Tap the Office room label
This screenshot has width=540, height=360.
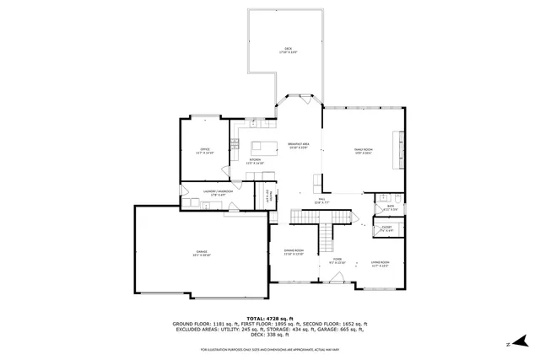[x=205, y=151]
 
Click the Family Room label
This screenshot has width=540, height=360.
[x=364, y=151]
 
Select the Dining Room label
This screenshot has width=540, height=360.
[x=294, y=252]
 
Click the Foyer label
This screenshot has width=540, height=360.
[x=337, y=261]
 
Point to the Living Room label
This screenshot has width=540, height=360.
[x=380, y=263]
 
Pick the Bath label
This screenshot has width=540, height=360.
[x=391, y=207]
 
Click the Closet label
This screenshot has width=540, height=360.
[x=386, y=228]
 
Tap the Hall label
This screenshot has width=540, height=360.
[x=321, y=201]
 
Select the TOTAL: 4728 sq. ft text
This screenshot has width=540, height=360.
[x=270, y=318]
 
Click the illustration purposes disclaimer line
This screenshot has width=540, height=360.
[x=270, y=349]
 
